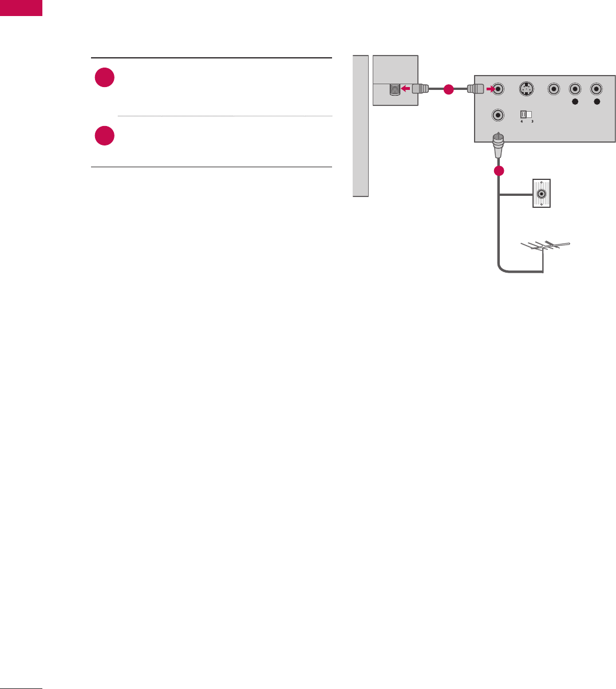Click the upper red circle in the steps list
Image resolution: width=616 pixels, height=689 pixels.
105,78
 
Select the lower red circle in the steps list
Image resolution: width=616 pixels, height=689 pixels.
105,136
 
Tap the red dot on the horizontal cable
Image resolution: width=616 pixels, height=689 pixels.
448,89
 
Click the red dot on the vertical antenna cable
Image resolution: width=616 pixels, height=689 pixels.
499,171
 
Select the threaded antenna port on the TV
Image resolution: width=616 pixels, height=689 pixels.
394,90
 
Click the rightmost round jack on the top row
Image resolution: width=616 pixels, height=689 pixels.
597,89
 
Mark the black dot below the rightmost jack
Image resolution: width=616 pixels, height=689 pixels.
597,102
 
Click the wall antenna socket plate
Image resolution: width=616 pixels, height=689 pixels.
542,194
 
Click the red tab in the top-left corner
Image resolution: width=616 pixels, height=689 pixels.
21,7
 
